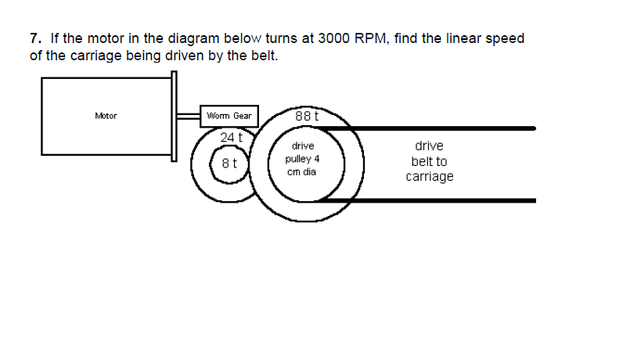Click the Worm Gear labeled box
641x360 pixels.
pyautogui.click(x=229, y=116)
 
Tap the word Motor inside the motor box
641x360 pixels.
pyautogui.click(x=106, y=116)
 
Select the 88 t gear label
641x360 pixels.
pyautogui.click(x=307, y=117)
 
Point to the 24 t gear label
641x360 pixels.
pyautogui.click(x=232, y=137)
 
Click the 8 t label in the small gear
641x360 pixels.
pyautogui.click(x=230, y=164)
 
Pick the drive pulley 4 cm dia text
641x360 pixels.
pyautogui.click(x=302, y=159)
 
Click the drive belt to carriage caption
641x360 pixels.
pyautogui.click(x=429, y=161)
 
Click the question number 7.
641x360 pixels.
pyautogui.click(x=34, y=38)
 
